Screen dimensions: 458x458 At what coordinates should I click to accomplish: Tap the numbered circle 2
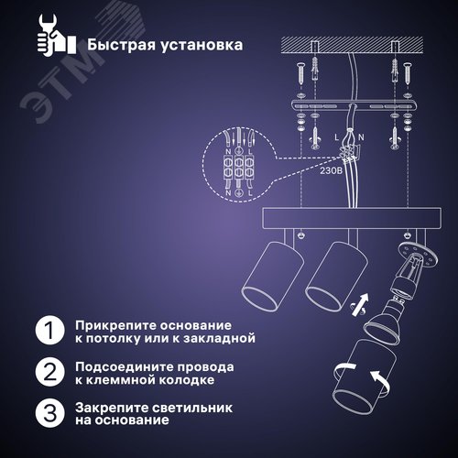tap(51, 373)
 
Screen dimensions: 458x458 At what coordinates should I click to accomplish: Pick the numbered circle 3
tap(51, 414)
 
